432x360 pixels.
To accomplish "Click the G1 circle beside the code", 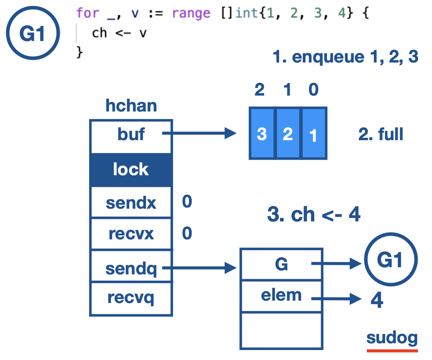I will (33, 34).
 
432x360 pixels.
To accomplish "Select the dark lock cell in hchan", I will (131, 170).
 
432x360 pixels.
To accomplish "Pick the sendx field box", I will (131, 203).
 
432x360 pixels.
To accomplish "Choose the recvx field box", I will (131, 234).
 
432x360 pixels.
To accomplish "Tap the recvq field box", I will (131, 298).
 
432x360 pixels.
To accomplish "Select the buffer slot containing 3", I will (262, 133).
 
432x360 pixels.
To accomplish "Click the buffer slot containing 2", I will (288, 133).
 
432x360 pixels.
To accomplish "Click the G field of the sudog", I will (281, 264).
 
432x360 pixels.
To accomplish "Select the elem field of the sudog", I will (281, 295).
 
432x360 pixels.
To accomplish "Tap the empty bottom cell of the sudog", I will (281, 330).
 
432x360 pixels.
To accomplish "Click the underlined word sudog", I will (392, 338).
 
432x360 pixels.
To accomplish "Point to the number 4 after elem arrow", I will (376, 301).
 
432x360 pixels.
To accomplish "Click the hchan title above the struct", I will (131, 106).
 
